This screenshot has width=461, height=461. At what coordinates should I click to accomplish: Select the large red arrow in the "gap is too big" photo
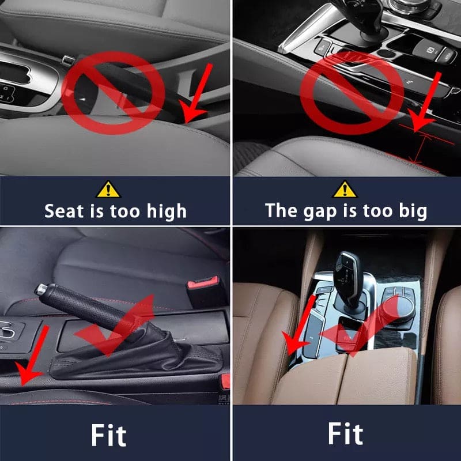(x=428, y=101)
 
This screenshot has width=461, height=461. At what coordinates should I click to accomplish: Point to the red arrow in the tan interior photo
(x=301, y=326)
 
